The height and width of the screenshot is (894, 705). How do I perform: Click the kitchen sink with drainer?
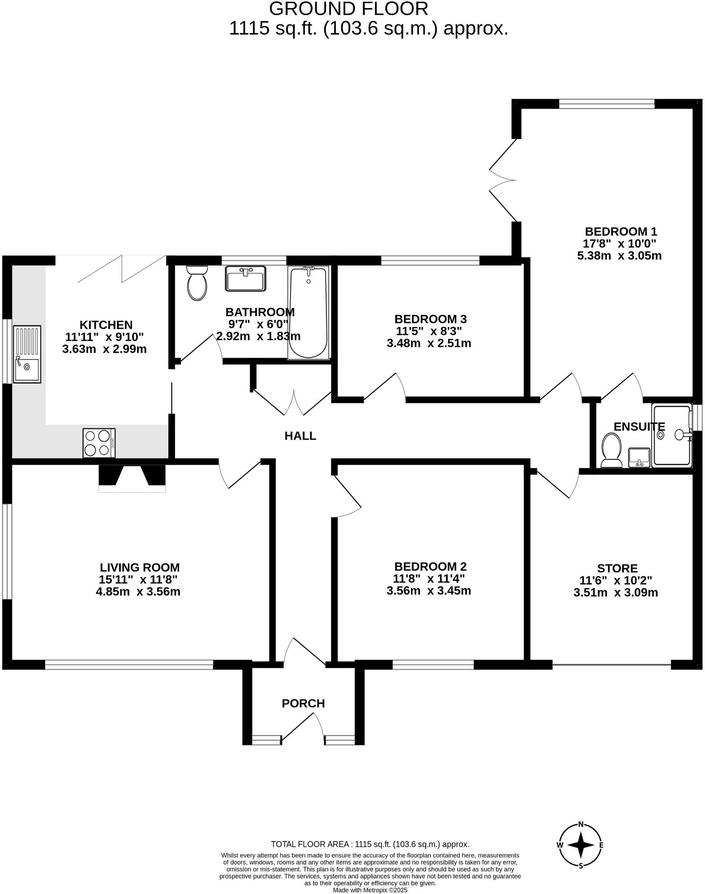coord(27,354)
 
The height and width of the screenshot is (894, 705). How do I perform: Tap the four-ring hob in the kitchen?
coord(99,443)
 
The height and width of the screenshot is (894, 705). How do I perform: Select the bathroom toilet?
coord(197,283)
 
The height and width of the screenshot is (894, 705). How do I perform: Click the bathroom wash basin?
coord(246,279)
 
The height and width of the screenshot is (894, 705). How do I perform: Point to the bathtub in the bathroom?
coord(308,312)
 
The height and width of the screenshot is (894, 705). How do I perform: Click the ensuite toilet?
coord(611,450)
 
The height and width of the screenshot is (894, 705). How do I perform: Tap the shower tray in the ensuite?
coord(672,435)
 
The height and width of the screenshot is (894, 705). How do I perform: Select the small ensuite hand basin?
coord(639,457)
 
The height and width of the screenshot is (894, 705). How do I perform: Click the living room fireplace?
coord(132,478)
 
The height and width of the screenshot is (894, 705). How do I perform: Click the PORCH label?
coord(303,703)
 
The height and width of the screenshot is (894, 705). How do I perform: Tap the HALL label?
coord(300,436)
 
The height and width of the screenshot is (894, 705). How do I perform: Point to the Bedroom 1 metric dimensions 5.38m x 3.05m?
coord(619,256)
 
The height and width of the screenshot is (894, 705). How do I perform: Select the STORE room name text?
coord(617,568)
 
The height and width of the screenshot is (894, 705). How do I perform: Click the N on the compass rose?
coord(581,824)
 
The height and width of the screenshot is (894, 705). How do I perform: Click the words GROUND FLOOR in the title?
coord(348,9)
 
